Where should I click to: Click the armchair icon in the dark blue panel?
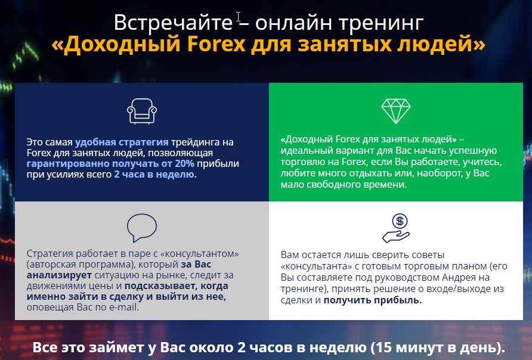tap(142, 111)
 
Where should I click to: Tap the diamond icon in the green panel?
tap(395, 111)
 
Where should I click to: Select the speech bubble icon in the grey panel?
tap(142, 228)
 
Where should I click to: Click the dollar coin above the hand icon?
tap(400, 221)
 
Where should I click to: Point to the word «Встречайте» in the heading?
tap(173, 23)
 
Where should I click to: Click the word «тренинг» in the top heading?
tap(381, 23)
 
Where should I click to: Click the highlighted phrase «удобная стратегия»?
tap(122, 142)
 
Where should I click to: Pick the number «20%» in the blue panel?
tap(184, 163)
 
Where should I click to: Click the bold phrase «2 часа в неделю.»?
tap(156, 174)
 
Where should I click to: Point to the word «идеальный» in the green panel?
tap(307, 151)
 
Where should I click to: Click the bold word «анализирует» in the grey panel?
tap(60, 275)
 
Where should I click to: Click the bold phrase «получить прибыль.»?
tap(373, 300)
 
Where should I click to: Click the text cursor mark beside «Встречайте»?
tap(239, 17)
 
